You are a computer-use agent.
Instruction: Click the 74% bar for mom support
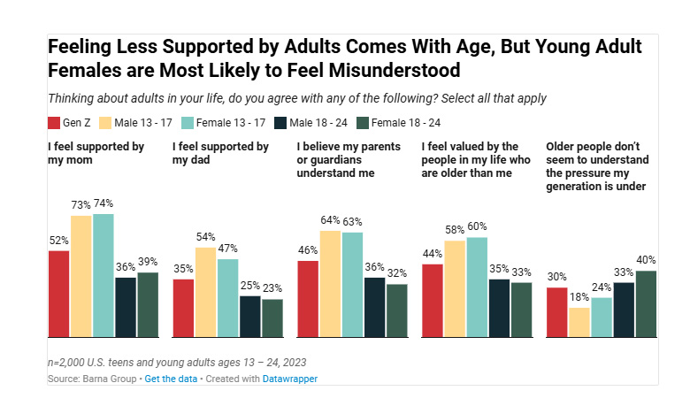[103, 275]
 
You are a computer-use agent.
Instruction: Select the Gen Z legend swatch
[54, 123]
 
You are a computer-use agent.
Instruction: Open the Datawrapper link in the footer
[290, 379]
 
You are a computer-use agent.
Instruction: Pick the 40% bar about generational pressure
[646, 303]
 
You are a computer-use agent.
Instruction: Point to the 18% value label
[579, 298]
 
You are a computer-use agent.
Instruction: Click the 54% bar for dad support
[206, 292]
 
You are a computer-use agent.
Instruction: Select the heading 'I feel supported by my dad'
[220, 152]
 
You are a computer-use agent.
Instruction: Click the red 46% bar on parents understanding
[308, 299]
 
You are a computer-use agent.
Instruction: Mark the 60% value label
[477, 227]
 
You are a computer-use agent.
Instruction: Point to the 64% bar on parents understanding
[331, 283]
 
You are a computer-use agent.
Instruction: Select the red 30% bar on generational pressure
[556, 312]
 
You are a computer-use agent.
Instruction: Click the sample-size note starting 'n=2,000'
[178, 363]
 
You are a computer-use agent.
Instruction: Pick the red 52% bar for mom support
[59, 294]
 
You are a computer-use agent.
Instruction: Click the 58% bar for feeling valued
[455, 288]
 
